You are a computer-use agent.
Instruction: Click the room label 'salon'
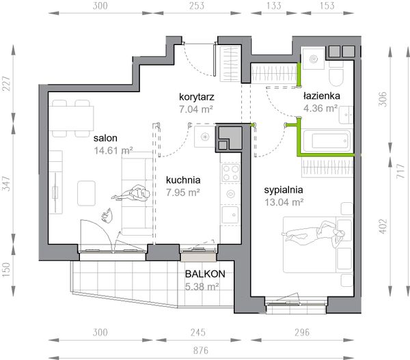(105, 138)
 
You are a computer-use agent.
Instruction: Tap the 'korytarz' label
(197, 97)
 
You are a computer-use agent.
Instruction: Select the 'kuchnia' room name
(183, 180)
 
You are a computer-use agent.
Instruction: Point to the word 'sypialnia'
(284, 190)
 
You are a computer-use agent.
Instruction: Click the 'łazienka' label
(322, 96)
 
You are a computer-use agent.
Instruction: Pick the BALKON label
(205, 274)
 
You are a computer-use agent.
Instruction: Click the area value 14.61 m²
(113, 150)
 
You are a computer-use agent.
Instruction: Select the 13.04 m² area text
(284, 202)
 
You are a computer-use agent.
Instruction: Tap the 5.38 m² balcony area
(202, 287)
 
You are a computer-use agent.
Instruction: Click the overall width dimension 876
(200, 350)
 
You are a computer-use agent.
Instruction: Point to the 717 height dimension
(400, 171)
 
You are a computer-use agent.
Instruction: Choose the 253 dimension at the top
(196, 5)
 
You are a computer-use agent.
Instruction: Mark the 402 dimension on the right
(383, 226)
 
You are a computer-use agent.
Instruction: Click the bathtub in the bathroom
(327, 141)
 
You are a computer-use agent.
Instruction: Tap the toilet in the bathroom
(336, 77)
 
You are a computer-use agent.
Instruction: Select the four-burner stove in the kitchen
(231, 173)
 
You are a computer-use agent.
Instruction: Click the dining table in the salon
(71, 118)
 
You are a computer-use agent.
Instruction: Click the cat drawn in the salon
(107, 215)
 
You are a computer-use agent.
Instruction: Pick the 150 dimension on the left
(6, 270)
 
